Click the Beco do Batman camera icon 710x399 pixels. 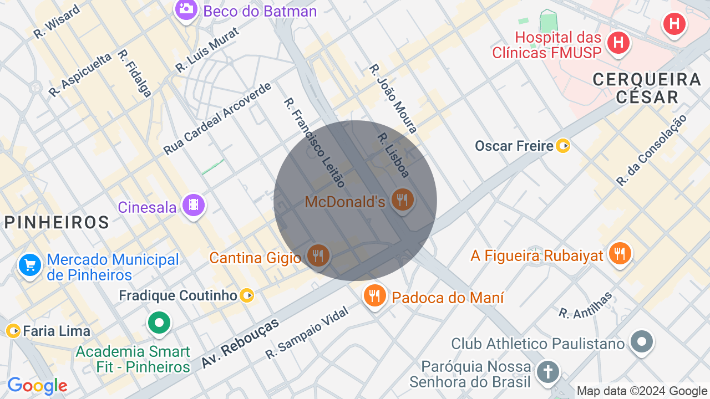coord(186,9)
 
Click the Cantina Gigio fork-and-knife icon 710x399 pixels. coord(317,255)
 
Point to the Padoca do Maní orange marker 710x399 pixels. coord(375,295)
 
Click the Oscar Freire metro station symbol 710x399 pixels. coord(563,146)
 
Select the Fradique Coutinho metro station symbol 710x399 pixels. coord(247,295)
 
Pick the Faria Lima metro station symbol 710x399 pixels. coord(13,331)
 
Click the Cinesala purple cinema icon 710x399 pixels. coord(193,206)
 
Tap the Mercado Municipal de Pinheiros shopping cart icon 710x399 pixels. coord(30,265)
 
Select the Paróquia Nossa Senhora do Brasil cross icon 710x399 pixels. coord(547,371)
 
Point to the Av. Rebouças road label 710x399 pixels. coord(240,344)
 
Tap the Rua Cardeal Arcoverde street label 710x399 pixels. coord(217,119)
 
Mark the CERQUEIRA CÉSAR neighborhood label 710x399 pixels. coord(647,88)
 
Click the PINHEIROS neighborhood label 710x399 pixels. coord(57,222)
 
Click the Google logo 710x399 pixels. coord(37,386)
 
